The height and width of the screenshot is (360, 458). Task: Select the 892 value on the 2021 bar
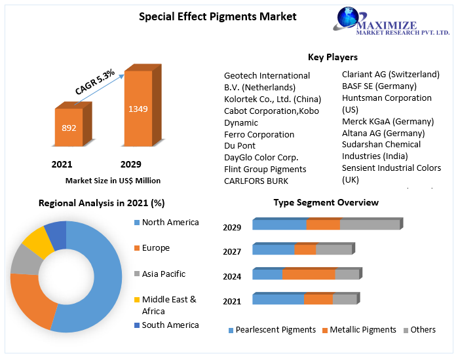[69, 128]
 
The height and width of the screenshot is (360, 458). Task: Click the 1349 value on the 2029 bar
[138, 109]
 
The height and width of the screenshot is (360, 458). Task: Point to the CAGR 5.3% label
[95, 82]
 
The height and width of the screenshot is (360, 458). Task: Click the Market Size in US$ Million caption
[113, 180]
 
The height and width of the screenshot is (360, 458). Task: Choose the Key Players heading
[332, 57]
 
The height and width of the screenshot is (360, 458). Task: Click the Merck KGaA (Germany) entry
[387, 121]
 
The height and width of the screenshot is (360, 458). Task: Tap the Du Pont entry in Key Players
[240, 145]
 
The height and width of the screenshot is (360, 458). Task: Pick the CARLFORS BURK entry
[256, 181]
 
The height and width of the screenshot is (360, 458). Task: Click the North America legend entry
[170, 222]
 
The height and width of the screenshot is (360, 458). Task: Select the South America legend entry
[170, 325]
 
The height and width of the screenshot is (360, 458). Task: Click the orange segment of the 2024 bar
[309, 274]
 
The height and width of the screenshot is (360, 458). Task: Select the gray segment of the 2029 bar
[370, 225]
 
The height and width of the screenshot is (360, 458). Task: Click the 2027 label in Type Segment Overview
[232, 251]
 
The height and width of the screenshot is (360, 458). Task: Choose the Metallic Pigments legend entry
[362, 330]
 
